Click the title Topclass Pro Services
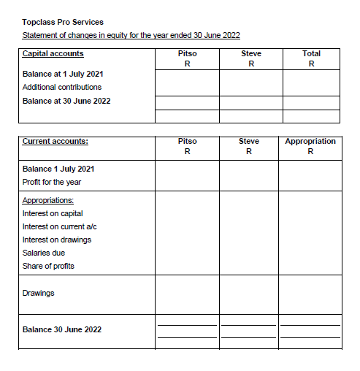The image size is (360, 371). tap(63, 22)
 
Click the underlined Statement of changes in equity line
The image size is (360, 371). tap(131, 35)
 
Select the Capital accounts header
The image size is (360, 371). tap(53, 53)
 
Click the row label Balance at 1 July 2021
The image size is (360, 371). tap(64, 74)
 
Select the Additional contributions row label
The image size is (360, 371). tap(62, 87)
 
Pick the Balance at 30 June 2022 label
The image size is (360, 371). tap(66, 101)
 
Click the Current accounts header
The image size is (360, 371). tap(55, 141)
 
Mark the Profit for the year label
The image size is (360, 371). tap(52, 182)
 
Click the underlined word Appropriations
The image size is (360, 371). tap(47, 200)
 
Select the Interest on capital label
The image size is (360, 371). tap(53, 213)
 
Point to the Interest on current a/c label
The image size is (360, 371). tap(60, 226)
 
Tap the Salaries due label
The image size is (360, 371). tap(44, 253)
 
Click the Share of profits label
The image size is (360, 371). tap(48, 266)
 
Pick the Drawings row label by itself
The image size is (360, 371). tap(38, 293)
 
